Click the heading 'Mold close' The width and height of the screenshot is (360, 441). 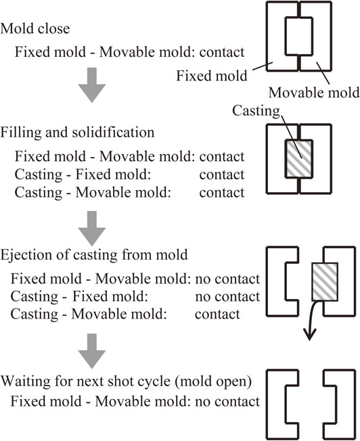click(x=35, y=28)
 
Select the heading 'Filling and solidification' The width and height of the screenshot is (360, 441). click(x=77, y=133)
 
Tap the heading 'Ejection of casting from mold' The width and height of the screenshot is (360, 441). click(x=94, y=255)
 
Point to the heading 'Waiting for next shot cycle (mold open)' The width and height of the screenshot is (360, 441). click(x=126, y=381)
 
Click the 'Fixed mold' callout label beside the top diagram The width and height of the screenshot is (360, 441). click(x=212, y=76)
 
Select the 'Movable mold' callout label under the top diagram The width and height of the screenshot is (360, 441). click(x=314, y=93)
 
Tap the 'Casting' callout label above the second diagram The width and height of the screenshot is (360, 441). click(x=256, y=111)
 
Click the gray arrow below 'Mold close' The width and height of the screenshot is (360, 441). click(x=92, y=85)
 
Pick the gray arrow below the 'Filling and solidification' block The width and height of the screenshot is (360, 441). click(x=92, y=229)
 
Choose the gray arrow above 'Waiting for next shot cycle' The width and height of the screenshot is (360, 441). click(x=92, y=351)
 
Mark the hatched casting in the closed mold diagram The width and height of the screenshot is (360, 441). click(x=298, y=159)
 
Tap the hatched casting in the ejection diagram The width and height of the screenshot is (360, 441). click(x=325, y=282)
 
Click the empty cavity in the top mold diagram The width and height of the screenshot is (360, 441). click(x=298, y=36)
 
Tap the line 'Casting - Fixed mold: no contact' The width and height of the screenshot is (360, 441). click(x=135, y=297)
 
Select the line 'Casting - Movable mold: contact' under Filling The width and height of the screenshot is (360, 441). click(x=129, y=193)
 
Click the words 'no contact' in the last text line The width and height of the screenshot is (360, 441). click(x=227, y=402)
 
